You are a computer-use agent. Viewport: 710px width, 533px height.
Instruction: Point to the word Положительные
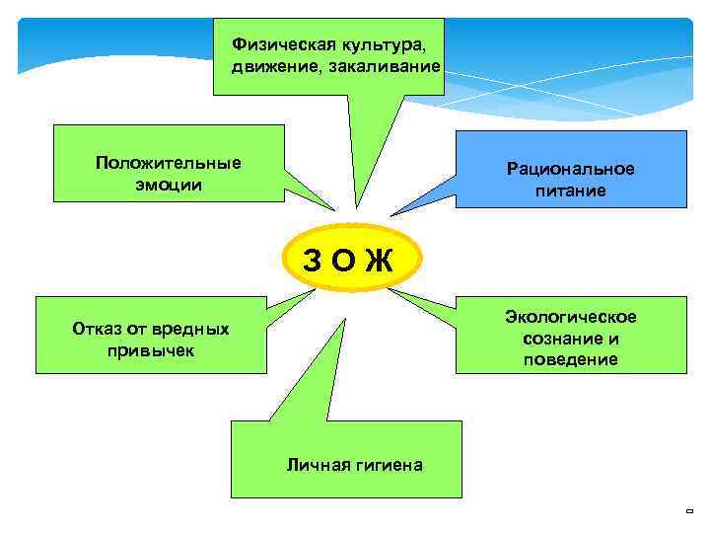pos(169,163)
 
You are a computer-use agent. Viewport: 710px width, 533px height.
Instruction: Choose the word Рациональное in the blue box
pos(571,169)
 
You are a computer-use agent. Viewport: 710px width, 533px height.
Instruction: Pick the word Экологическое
pos(571,316)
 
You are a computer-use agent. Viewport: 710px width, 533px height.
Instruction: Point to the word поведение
pos(571,359)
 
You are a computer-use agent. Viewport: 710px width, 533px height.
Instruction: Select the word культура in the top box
pos(371,44)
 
